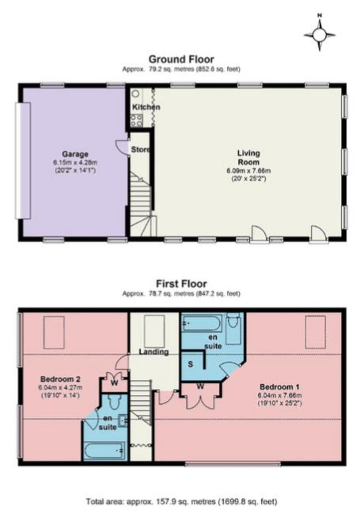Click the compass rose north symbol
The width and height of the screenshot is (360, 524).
pyautogui.click(x=319, y=34)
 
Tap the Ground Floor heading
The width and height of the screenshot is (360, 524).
pyautogui.click(x=181, y=59)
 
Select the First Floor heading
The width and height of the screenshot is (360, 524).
pyautogui.click(x=181, y=284)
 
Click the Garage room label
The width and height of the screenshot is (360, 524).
pyautogui.click(x=75, y=154)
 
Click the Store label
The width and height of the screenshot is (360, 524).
pyautogui.click(x=141, y=150)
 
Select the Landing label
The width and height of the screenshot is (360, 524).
pyautogui.click(x=154, y=352)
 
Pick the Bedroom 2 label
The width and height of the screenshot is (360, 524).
pyautogui.click(x=60, y=379)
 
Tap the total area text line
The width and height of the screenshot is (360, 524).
pyautogui.click(x=181, y=501)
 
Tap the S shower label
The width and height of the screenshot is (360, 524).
pyautogui.click(x=190, y=363)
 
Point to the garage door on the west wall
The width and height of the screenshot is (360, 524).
pyautogui.click(x=23, y=160)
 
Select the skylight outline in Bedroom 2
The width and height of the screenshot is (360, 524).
pyautogui.click(x=54, y=332)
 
